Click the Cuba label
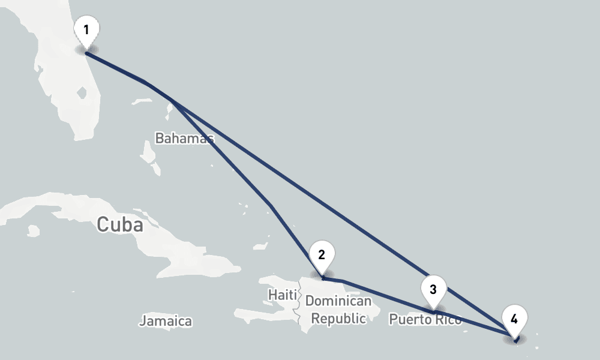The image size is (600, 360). click(x=120, y=225)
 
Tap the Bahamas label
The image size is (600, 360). click(x=184, y=139)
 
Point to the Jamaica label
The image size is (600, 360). click(x=166, y=321)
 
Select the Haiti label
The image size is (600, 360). click(x=282, y=295)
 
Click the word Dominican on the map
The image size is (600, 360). click(x=338, y=301)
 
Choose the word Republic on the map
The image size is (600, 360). click(x=338, y=319)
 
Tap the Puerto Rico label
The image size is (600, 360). click(x=425, y=319)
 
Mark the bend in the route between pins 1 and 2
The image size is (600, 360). click(x=271, y=206)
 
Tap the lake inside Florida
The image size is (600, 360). click(x=83, y=94)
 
